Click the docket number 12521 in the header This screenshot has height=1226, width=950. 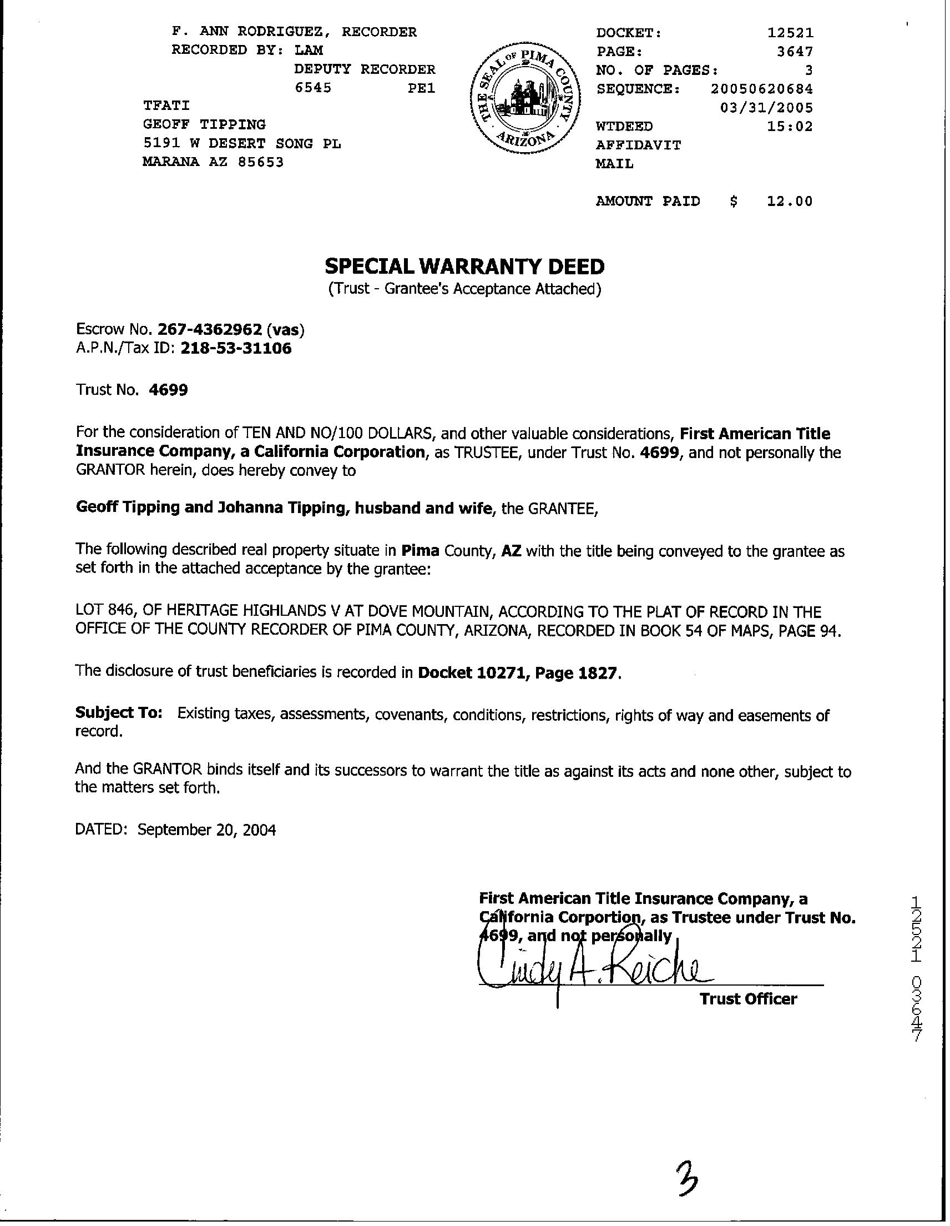pyautogui.click(x=790, y=33)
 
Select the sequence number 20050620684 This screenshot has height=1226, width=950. pyautogui.click(x=761, y=89)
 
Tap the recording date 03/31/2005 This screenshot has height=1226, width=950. pyautogui.click(x=766, y=107)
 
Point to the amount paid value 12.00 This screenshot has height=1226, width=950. pyautogui.click(x=790, y=201)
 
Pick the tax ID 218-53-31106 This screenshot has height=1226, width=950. pyautogui.click(x=236, y=349)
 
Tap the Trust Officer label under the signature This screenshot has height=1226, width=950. pyautogui.click(x=748, y=999)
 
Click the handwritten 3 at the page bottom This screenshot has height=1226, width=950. pyautogui.click(x=686, y=1179)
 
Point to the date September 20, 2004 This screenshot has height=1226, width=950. pyautogui.click(x=206, y=830)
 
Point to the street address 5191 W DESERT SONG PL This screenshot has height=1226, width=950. pyautogui.click(x=242, y=143)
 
